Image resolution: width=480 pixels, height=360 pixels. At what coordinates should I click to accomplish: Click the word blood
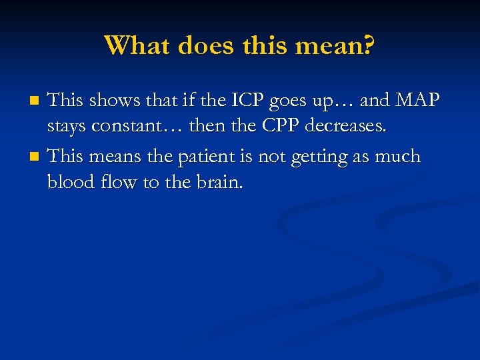tap(69, 182)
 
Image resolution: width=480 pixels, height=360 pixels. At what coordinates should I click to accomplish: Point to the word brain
tap(219, 182)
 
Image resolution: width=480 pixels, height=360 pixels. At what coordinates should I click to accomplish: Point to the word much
tap(397, 157)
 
